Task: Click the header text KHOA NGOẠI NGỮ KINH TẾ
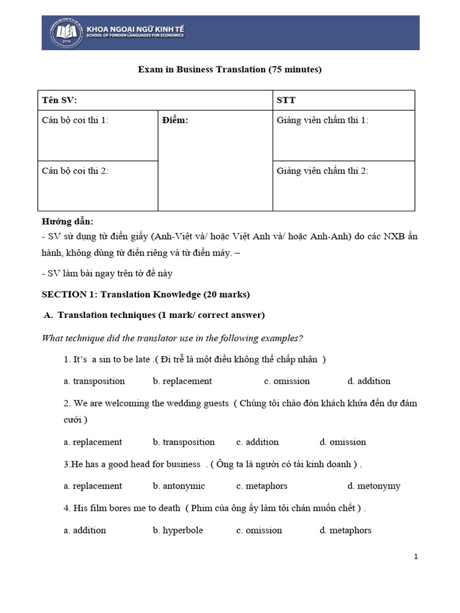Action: tap(135, 28)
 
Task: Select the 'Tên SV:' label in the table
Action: tap(59, 100)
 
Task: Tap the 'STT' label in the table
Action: tap(286, 100)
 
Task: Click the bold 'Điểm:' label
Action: tap(175, 120)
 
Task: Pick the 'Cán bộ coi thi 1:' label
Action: tap(75, 120)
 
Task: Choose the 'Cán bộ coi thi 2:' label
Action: tap(75, 171)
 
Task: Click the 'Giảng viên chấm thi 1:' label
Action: tap(322, 120)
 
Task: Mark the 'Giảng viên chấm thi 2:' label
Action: tap(322, 171)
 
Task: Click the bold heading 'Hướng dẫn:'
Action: tap(67, 221)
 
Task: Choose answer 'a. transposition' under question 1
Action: tap(94, 381)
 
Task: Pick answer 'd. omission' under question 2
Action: tap(343, 442)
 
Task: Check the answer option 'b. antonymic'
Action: tap(178, 485)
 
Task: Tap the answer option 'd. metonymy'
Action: tap(374, 485)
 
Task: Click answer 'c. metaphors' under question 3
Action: tap(262, 485)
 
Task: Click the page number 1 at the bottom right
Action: tap(416, 557)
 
